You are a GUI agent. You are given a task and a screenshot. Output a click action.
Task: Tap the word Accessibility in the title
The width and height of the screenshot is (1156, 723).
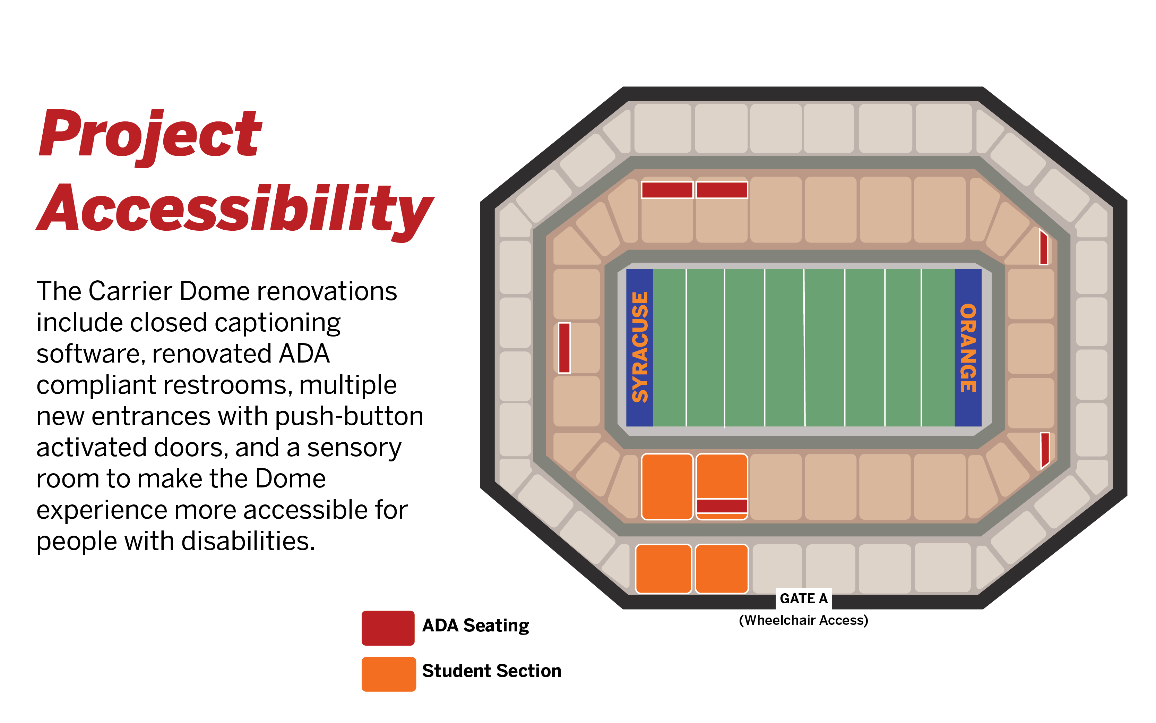coord(235,209)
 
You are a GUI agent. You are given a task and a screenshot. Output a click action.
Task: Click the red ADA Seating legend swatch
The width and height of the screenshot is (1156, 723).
coord(388,628)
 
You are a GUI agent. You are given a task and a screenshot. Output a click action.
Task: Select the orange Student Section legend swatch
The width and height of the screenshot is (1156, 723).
coord(388,674)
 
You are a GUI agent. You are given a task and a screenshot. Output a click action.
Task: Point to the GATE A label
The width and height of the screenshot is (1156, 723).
coord(803,598)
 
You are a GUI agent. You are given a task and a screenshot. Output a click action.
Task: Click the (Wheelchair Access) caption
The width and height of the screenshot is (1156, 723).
coord(803,620)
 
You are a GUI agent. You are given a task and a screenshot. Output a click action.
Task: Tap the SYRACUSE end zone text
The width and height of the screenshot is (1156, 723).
coord(640,347)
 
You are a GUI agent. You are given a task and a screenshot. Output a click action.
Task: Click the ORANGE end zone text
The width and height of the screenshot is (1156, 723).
coord(968,348)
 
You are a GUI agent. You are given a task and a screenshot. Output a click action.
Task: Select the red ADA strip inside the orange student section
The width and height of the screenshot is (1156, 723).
coord(722,505)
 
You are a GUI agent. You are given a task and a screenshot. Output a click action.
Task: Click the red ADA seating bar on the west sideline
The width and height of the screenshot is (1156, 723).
coord(564,348)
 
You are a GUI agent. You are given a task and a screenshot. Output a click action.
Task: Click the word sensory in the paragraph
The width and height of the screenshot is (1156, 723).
coord(354,448)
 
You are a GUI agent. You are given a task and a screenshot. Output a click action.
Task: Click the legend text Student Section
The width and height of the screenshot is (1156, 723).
coord(491,671)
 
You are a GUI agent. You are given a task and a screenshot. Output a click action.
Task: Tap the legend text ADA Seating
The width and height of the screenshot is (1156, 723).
coord(475,626)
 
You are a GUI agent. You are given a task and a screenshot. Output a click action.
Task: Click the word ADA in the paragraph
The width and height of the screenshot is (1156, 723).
coord(304,354)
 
